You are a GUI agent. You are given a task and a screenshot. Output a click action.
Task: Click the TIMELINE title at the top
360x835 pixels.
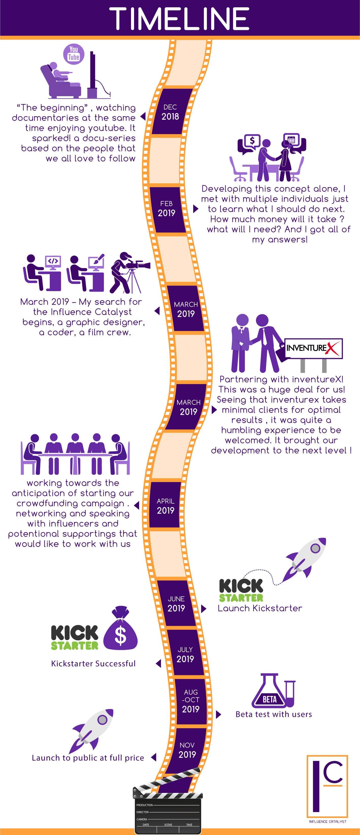tap(179, 19)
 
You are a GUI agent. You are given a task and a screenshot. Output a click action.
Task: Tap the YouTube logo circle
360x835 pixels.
tap(74, 54)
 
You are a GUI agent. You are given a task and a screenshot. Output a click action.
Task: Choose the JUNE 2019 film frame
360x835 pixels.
tap(176, 604)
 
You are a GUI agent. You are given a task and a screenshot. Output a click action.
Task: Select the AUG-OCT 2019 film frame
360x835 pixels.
tap(191, 702)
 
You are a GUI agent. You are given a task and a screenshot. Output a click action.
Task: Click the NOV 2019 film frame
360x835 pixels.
tap(187, 750)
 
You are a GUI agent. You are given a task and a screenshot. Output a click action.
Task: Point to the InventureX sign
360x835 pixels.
tap(313, 348)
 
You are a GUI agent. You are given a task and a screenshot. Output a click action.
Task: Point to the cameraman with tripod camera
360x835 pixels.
tap(128, 272)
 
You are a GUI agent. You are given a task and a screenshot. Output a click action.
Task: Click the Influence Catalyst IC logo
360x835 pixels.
tap(327, 787)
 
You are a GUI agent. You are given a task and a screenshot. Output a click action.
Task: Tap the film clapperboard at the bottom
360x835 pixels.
tap(167, 810)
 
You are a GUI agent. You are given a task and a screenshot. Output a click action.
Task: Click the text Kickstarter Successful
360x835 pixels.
tap(93, 663)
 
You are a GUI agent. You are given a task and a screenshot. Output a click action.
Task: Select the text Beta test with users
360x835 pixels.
tap(274, 714)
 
